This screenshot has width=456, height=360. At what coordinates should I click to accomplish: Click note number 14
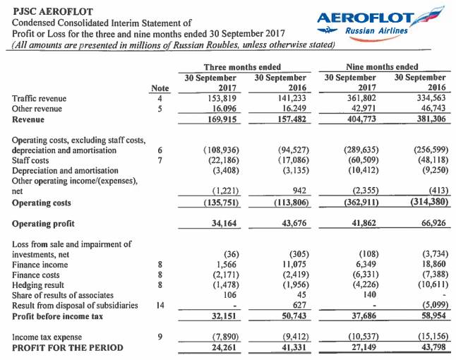(x=160, y=306)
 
